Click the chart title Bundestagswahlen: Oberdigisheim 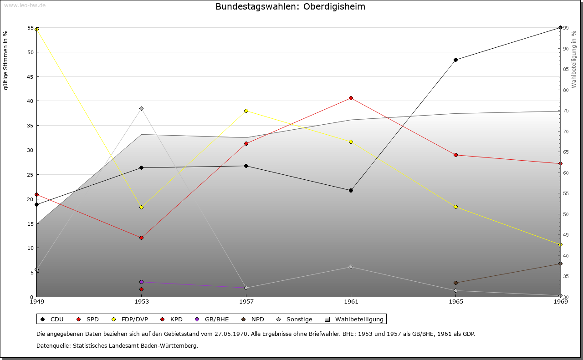pyautogui.click(x=290, y=7)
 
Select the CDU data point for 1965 pyautogui.click(x=455, y=60)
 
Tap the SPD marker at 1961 pyautogui.click(x=351, y=98)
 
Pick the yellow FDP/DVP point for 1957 pyautogui.click(x=246, y=111)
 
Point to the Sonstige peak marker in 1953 pyautogui.click(x=141, y=108)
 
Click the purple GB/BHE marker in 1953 pyautogui.click(x=141, y=282)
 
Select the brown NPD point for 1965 pyautogui.click(x=455, y=283)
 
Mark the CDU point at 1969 pyautogui.click(x=560, y=28)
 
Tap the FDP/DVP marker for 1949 pyautogui.click(x=36, y=29)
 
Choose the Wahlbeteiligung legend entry pyautogui.click(x=355, y=319)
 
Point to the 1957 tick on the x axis pyautogui.click(x=246, y=301)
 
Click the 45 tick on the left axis pyautogui.click(x=31, y=76)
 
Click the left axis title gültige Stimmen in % pyautogui.click(x=6, y=60)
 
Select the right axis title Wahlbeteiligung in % pyautogui.click(x=574, y=60)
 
